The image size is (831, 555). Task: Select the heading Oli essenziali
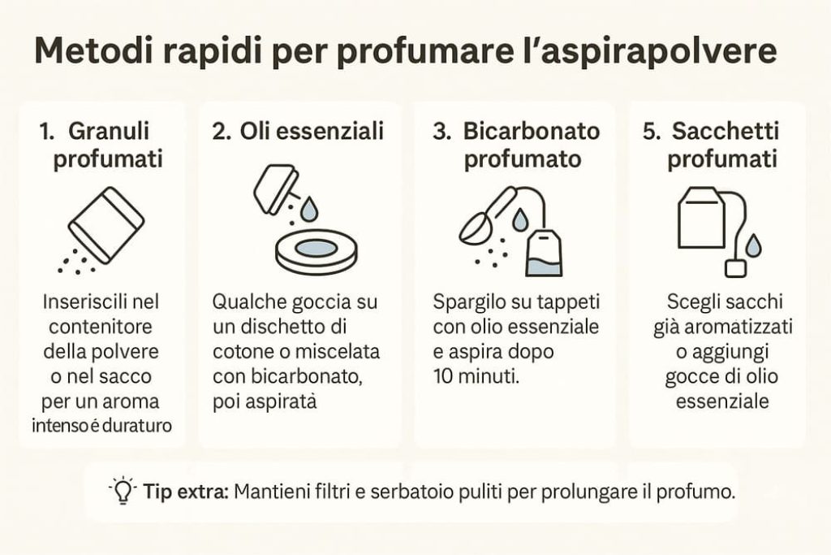pos(312,132)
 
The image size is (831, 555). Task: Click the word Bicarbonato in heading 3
pos(532,132)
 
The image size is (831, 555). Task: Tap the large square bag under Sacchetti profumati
pos(701,218)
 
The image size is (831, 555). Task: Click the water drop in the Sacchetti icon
pos(754,245)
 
